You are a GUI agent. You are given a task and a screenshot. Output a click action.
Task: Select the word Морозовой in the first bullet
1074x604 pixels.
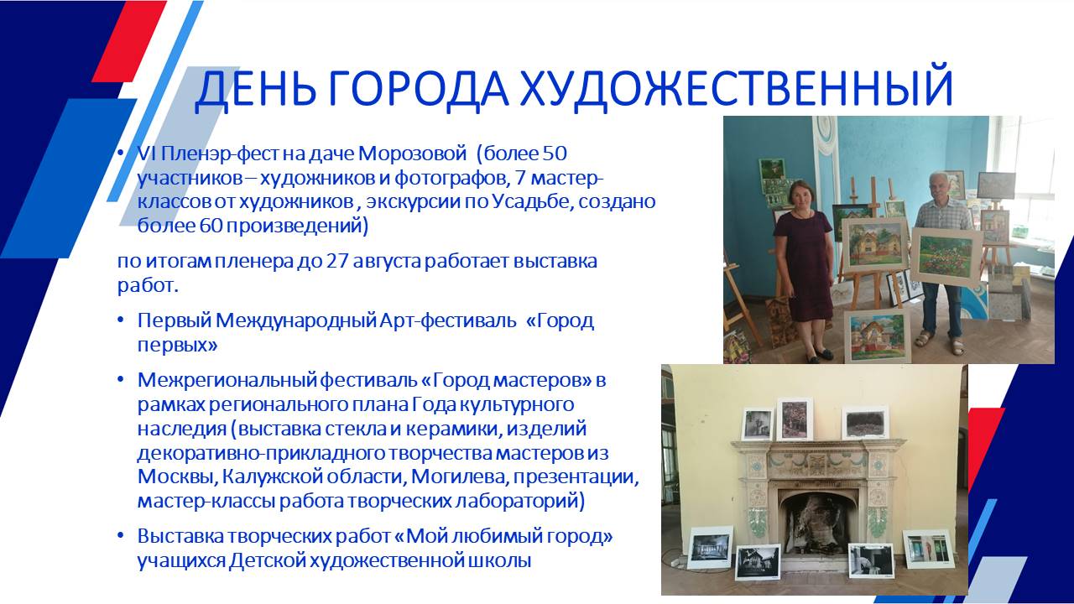coord(412,154)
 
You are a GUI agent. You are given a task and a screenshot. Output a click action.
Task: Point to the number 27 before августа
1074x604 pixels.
coord(337,261)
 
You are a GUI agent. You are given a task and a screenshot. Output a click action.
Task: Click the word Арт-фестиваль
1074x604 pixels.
coord(448,321)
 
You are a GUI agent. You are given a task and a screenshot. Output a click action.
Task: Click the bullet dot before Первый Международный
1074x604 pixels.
coord(121,320)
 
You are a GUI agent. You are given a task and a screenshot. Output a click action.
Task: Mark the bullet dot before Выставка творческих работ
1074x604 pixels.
coord(121,536)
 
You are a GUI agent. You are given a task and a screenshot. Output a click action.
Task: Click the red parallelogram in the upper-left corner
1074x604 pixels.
coord(129,41)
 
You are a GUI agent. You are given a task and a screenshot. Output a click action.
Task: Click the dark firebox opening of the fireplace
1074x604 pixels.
coord(817,520)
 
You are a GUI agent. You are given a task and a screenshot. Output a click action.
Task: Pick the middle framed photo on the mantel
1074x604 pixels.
coord(795,419)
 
